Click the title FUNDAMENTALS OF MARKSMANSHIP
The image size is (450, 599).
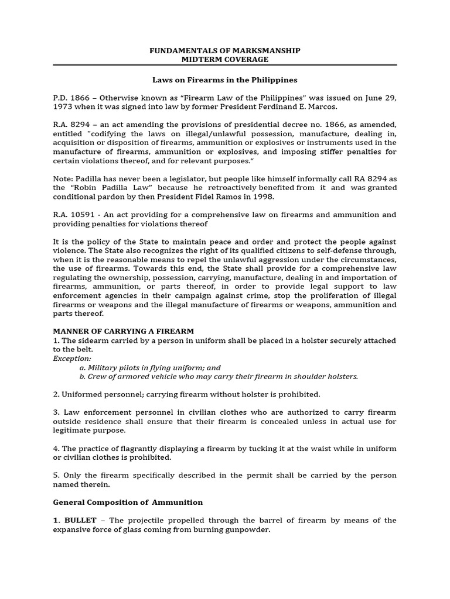(x=225, y=51)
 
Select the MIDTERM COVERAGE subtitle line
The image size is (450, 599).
(x=225, y=60)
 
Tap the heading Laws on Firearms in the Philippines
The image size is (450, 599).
(x=225, y=80)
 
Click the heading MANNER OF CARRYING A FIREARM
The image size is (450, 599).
(x=123, y=331)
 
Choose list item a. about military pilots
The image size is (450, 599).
(x=150, y=367)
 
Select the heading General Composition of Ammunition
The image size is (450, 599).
(x=128, y=502)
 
